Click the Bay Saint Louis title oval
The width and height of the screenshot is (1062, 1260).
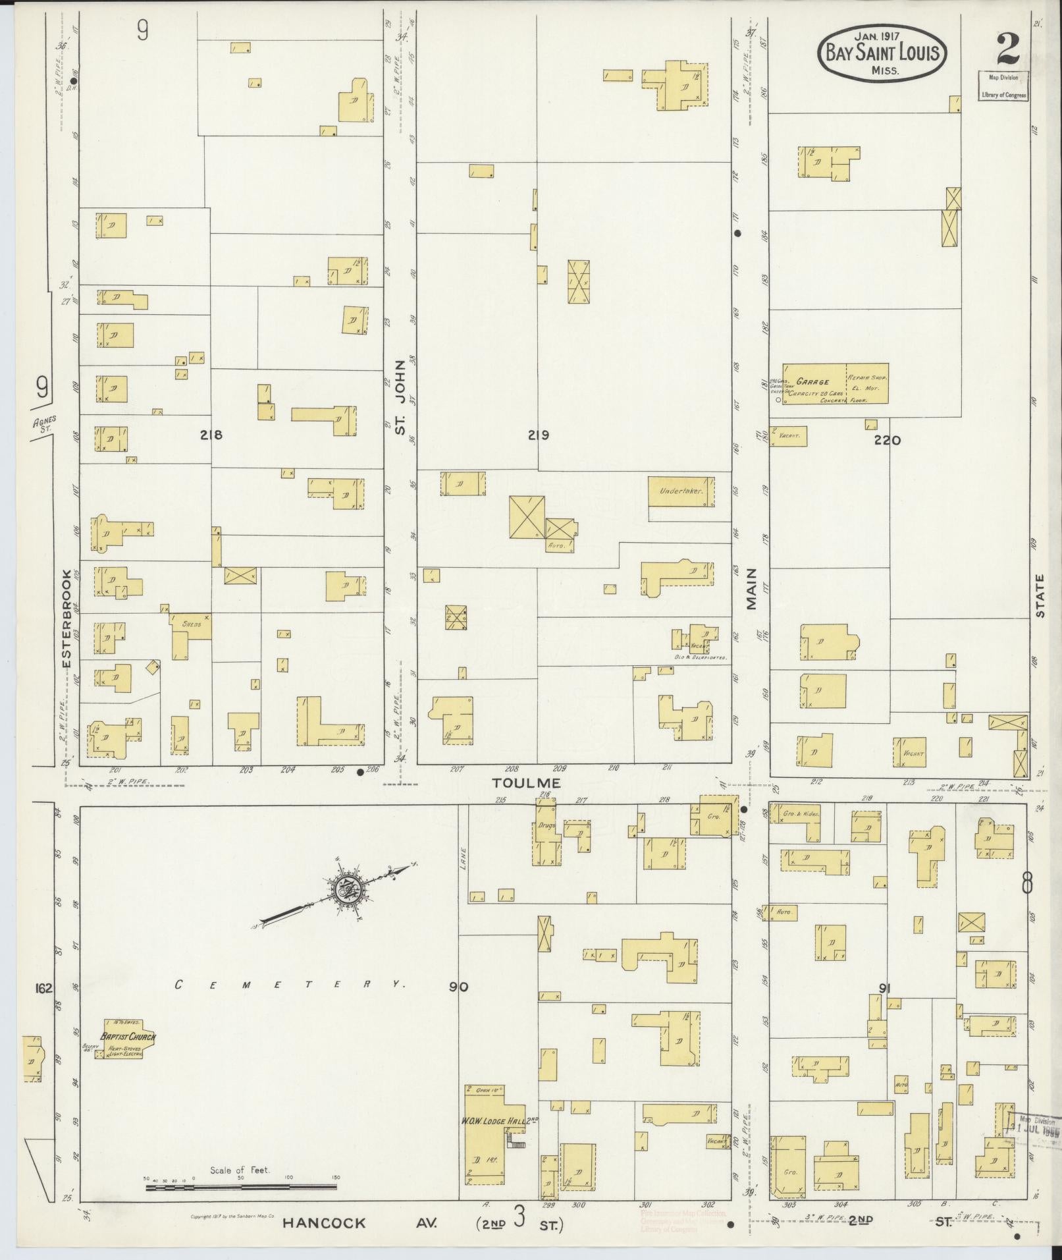882,54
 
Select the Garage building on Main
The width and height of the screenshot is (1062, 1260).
835,383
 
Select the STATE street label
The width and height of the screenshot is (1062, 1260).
1040,596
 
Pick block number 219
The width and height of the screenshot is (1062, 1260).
537,435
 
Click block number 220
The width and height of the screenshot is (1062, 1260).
887,441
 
